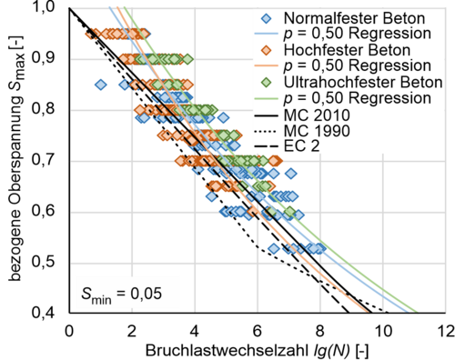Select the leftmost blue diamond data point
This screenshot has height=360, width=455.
(100, 85)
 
